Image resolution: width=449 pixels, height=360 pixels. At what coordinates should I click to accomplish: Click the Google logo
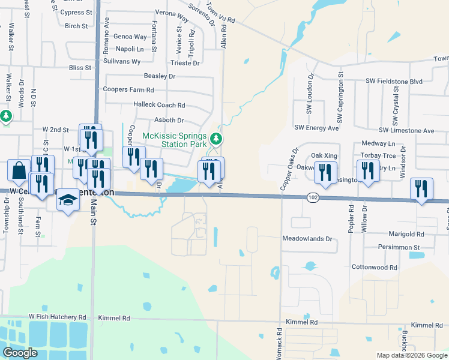tap(19, 353)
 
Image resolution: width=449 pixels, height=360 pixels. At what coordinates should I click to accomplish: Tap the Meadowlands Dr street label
tap(307, 238)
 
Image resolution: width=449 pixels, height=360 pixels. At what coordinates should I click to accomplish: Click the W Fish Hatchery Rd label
tap(57, 317)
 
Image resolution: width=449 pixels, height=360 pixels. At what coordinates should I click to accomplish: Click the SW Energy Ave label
tap(316, 128)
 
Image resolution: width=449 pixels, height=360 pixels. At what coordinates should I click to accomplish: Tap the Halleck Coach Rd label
tap(158, 105)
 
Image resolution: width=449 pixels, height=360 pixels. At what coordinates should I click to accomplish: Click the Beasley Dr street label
tap(159, 76)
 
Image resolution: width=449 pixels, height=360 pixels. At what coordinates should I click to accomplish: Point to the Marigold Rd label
tap(403, 234)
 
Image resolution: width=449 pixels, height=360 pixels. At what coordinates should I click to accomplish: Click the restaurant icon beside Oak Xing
tap(325, 172)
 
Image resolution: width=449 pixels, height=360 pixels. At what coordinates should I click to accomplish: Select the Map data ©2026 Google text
tap(412, 355)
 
